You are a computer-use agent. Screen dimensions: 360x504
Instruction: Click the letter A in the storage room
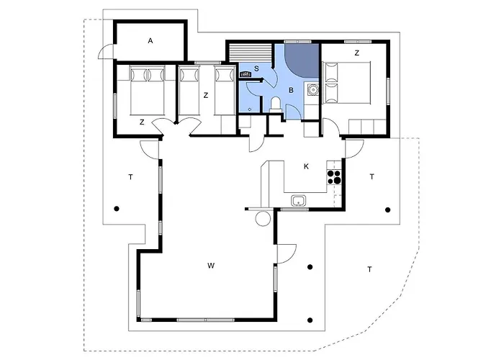(150, 41)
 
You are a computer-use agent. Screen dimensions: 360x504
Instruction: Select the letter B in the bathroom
(291, 91)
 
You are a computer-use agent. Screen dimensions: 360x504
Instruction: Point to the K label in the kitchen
(306, 166)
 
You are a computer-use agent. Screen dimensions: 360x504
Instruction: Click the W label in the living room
(211, 266)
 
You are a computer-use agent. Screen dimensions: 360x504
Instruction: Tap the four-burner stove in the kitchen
(334, 176)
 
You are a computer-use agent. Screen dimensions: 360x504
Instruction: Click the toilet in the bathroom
(276, 106)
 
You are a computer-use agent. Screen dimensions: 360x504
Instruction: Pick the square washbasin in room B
(312, 90)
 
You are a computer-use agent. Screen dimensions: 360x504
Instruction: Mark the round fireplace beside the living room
(264, 217)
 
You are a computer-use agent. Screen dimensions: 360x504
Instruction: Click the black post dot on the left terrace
(116, 209)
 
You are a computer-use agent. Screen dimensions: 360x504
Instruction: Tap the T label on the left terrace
(130, 176)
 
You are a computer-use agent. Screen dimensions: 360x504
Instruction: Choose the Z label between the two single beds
(205, 94)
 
